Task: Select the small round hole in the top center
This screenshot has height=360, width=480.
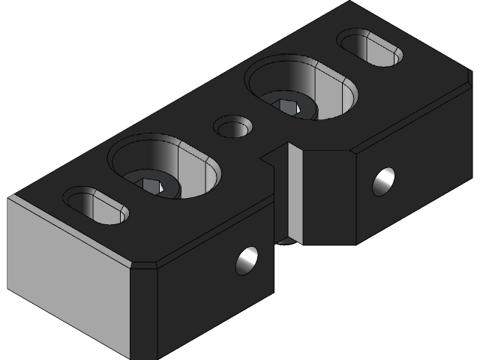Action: pos(232,126)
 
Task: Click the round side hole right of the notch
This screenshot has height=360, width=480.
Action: pos(384,181)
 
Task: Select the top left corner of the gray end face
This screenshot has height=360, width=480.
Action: pos(9,198)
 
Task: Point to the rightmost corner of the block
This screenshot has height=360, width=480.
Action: pos(472,85)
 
